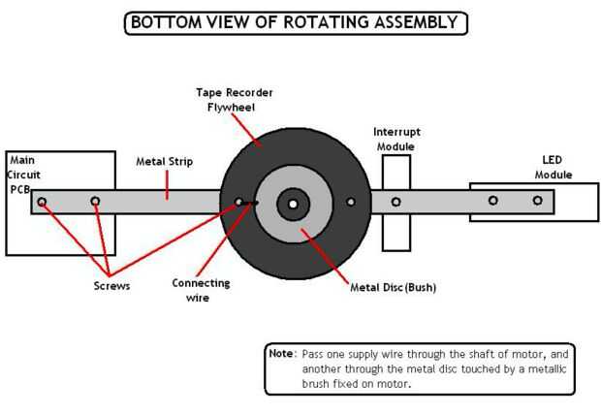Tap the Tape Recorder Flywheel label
pos(235,100)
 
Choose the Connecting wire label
pos(201,290)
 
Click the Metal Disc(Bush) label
pos(393,287)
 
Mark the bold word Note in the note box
pos(281,354)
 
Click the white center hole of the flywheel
pos(293,204)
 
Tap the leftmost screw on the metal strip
pos(42,202)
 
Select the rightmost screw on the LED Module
pos(537,201)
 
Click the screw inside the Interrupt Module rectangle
pos(395,202)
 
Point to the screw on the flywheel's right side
pos(351,202)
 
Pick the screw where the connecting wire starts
pos(239,203)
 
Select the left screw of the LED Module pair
pos(492,201)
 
